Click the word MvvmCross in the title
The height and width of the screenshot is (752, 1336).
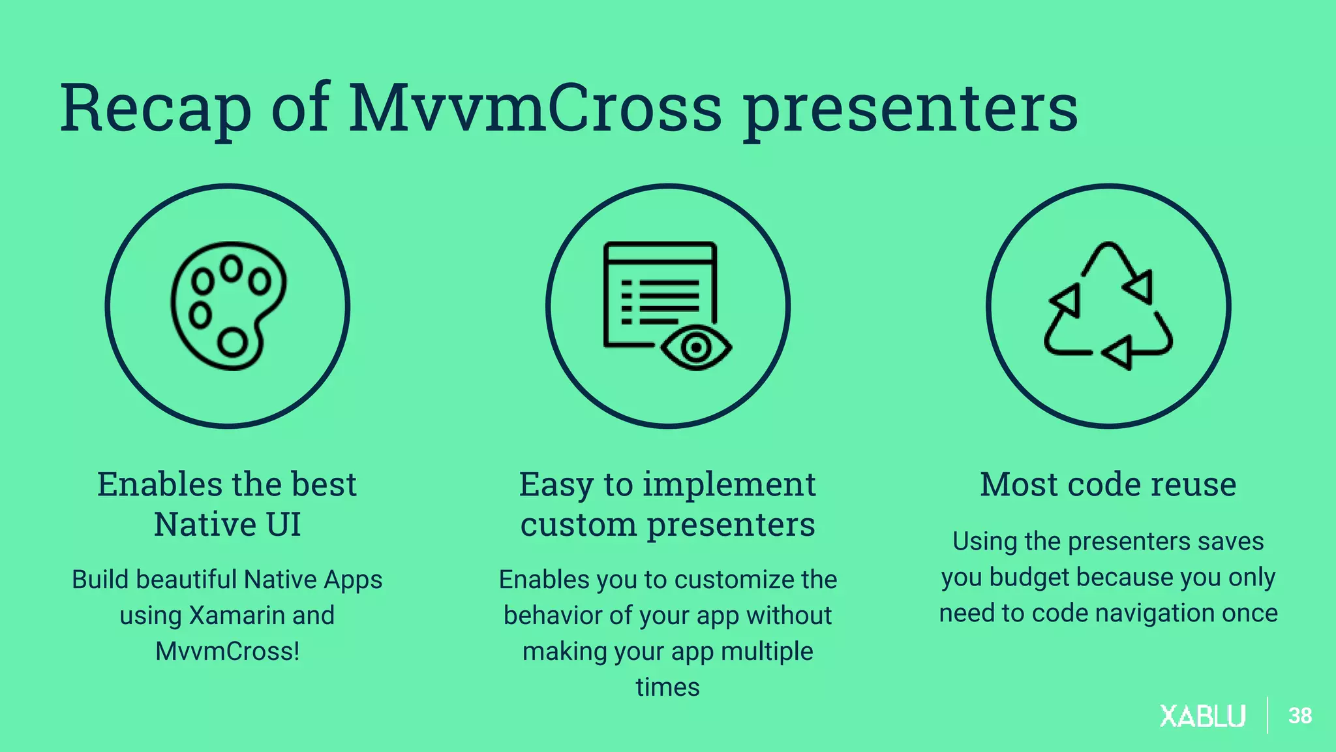coord(535,108)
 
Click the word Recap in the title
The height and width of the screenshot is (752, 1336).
coord(155,108)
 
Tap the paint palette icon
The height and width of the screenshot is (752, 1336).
coord(228,305)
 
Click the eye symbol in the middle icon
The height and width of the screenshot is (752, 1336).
coord(696,347)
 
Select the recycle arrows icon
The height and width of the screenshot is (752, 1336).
coord(1108,305)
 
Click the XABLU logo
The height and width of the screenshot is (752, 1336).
coord(1202,716)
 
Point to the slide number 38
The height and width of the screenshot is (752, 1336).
coord(1299,716)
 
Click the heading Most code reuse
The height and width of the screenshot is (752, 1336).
coord(1108,484)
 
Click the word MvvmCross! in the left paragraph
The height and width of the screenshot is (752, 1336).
coord(227,651)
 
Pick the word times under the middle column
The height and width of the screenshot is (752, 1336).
coord(667,687)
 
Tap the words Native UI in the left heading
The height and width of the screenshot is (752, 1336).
coord(227,525)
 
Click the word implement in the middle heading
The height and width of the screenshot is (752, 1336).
coord(729,484)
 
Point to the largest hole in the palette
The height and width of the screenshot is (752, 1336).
coord(232,342)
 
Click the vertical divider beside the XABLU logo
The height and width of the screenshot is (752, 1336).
coord(1268,715)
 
